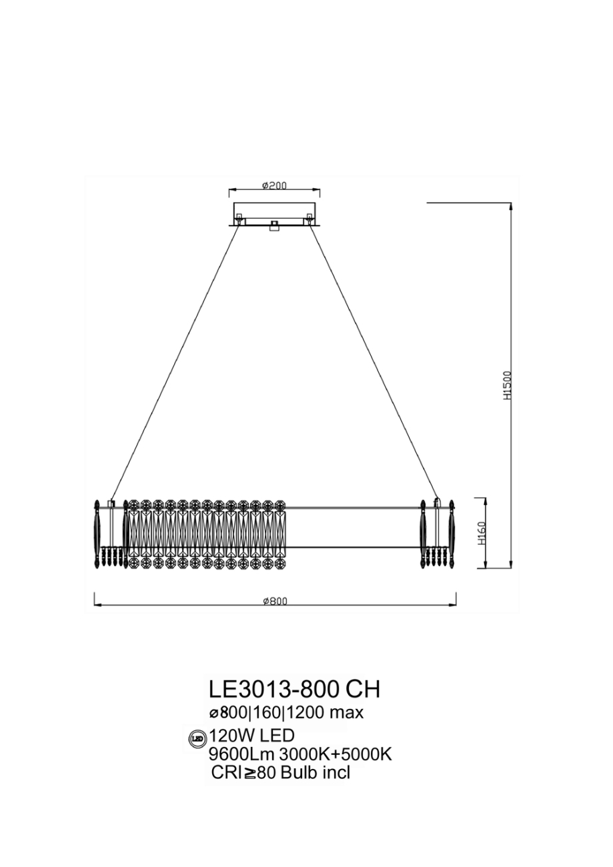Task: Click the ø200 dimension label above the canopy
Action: point(273,185)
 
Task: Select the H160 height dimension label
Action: point(482,534)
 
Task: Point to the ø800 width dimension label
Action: point(275,601)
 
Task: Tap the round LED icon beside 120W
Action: point(197,738)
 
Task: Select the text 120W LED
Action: point(251,736)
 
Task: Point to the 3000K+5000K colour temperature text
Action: point(335,754)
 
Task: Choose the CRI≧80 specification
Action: point(244,773)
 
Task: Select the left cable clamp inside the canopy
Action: point(238,217)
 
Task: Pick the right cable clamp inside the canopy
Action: point(309,217)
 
